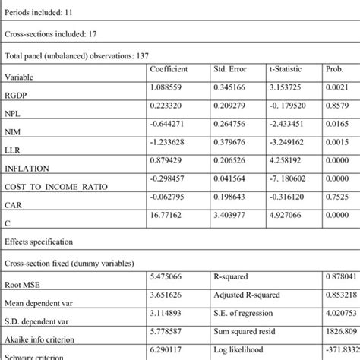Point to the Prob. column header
(x=335, y=69)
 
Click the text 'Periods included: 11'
(x=43, y=13)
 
